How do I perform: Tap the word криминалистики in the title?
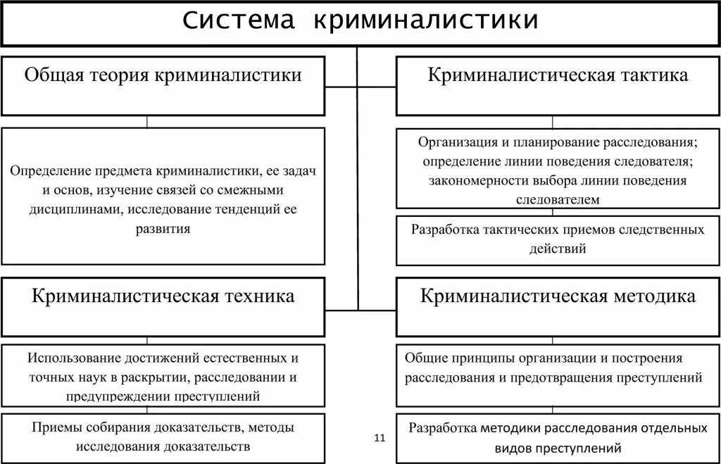tap(426, 21)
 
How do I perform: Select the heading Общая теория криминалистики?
tap(163, 75)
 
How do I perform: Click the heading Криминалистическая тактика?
tap(558, 75)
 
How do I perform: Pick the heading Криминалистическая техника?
tap(163, 296)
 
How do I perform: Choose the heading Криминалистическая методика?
tap(558, 296)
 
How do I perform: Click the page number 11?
tap(380, 438)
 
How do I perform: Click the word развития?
tap(163, 229)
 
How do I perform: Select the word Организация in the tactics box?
tap(453, 142)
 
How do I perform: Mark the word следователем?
tap(558, 199)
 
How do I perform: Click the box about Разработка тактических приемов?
tap(558, 239)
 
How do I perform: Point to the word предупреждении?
tap(113, 396)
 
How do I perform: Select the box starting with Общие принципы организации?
tap(558, 368)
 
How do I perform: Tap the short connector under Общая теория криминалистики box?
tap(146, 122)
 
